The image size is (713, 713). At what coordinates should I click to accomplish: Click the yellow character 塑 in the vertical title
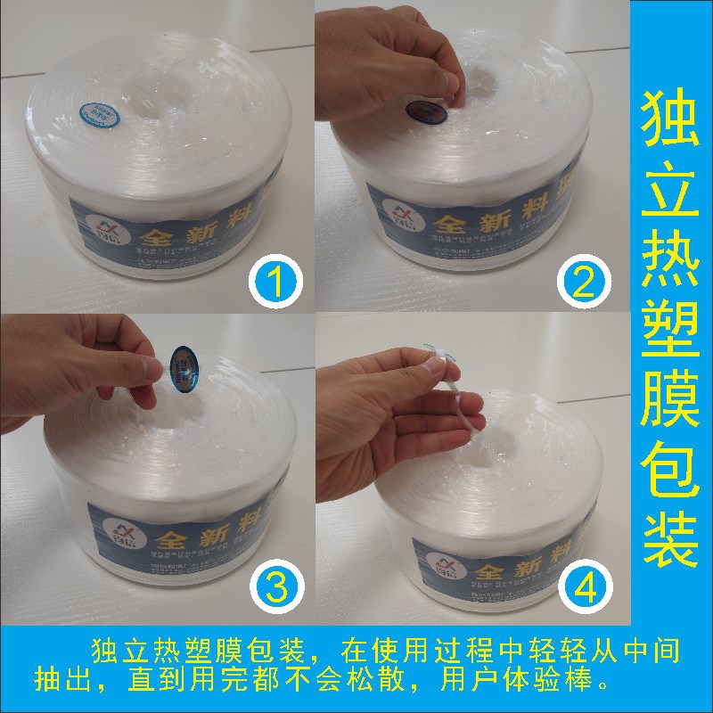671,343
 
